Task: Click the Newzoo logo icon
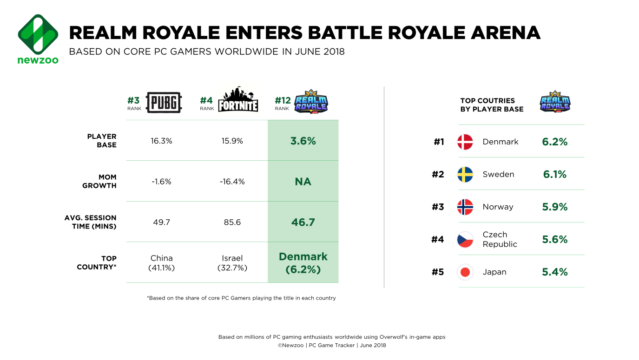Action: tap(38, 34)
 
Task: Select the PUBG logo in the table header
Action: tap(164, 102)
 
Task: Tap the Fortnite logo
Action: tap(238, 100)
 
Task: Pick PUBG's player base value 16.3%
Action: tap(161, 141)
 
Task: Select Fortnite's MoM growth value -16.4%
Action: tap(232, 182)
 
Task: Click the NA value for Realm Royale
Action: tap(303, 182)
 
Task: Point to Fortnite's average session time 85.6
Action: tap(232, 223)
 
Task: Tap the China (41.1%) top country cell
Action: tap(162, 263)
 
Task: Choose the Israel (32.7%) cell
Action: tap(232, 263)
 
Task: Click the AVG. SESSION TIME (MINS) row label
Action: tap(91, 222)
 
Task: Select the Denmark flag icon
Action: tap(465, 142)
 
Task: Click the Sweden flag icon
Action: tap(465, 175)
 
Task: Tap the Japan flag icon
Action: tap(465, 272)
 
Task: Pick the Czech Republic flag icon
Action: tap(465, 240)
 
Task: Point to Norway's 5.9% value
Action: tap(555, 207)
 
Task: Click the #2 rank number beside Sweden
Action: tap(438, 175)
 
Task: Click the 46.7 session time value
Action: tap(303, 223)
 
